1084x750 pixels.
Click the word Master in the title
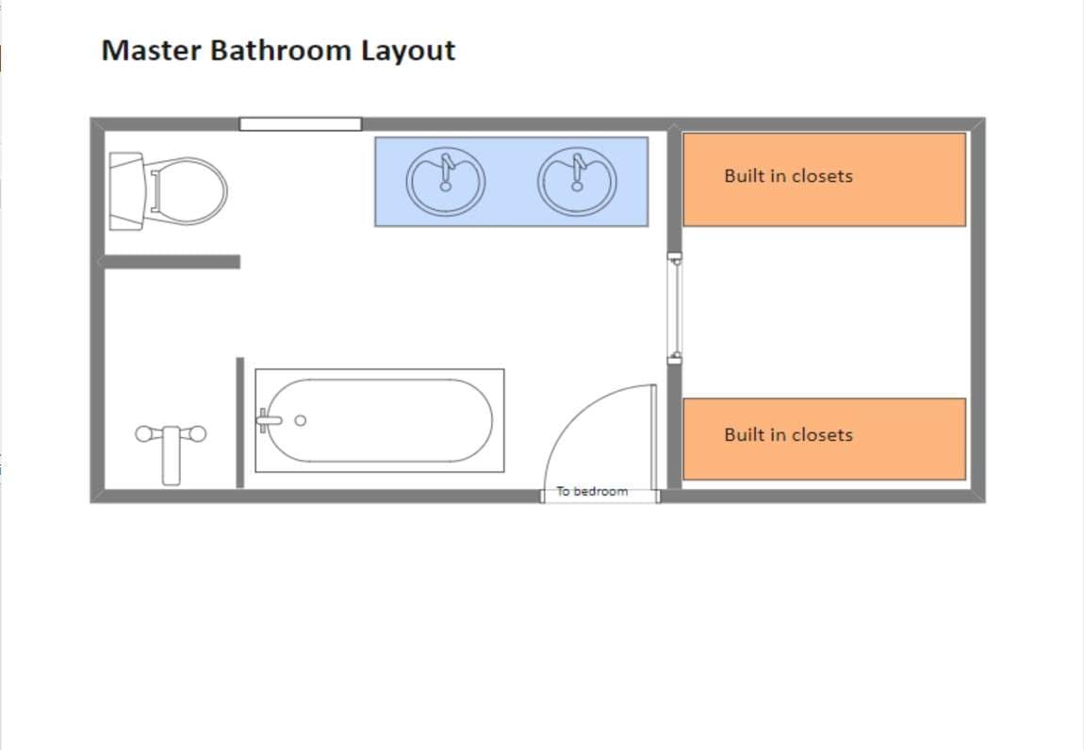[x=152, y=51]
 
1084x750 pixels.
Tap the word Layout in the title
[x=408, y=51]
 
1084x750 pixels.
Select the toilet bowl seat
[x=187, y=191]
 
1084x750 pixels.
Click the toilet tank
[x=126, y=191]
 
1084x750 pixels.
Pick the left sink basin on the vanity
[x=445, y=181]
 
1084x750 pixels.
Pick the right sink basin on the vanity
[x=577, y=181]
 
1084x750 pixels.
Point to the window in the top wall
[x=300, y=124]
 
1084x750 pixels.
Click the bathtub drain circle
[x=300, y=420]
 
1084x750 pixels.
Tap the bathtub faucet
[x=269, y=420]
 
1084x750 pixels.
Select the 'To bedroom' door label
[x=593, y=492]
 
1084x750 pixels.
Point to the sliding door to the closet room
[x=675, y=308]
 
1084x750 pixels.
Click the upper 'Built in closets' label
[x=788, y=176]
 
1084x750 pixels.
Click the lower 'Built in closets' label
[x=788, y=434]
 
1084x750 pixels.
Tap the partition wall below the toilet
[x=170, y=261]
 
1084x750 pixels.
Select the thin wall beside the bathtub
[x=239, y=422]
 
